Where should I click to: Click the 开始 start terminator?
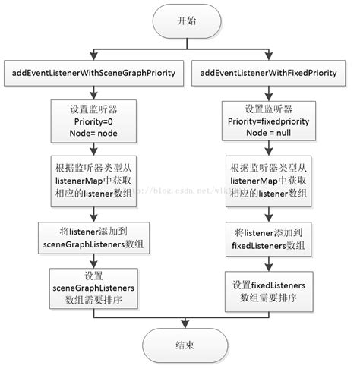click(185, 21)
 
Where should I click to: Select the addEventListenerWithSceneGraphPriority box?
click(94, 73)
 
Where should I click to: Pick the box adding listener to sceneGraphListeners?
click(94, 236)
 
